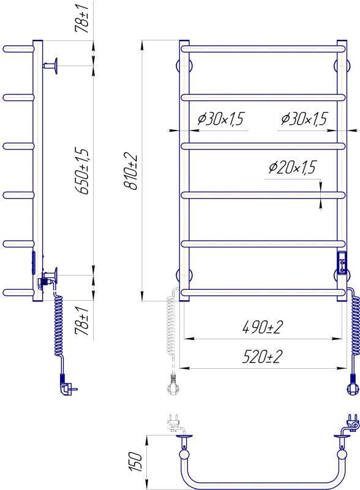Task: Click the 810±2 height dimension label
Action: pyautogui.click(x=131, y=171)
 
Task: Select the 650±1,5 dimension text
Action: pyautogui.click(x=83, y=171)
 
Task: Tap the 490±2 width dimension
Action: pyautogui.click(x=263, y=327)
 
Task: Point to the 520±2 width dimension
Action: pyautogui.click(x=263, y=356)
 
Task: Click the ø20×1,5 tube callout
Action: pyautogui.click(x=293, y=167)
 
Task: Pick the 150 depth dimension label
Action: pyautogui.click(x=136, y=461)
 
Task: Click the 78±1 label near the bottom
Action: pyautogui.click(x=82, y=321)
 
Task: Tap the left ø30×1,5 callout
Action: pyautogui.click(x=220, y=119)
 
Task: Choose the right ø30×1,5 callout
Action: pyautogui.click(x=304, y=119)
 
